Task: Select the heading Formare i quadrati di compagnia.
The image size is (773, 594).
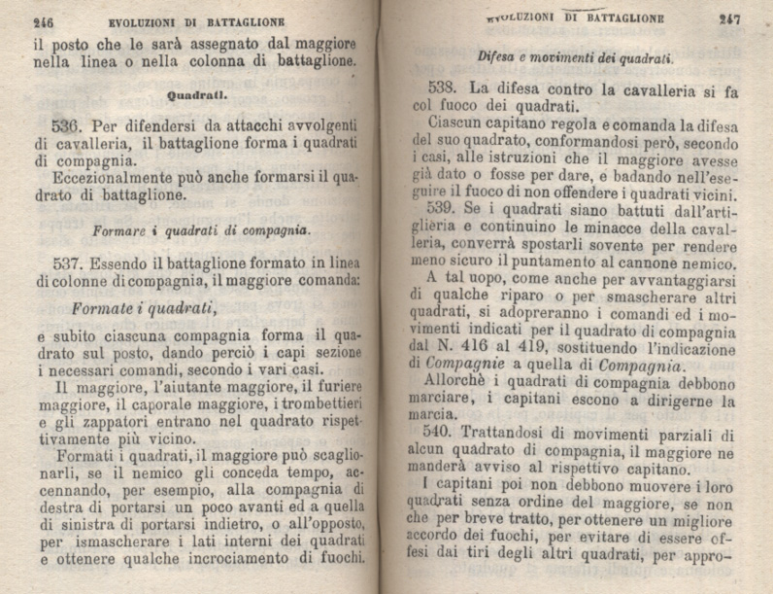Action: pyautogui.click(x=201, y=230)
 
